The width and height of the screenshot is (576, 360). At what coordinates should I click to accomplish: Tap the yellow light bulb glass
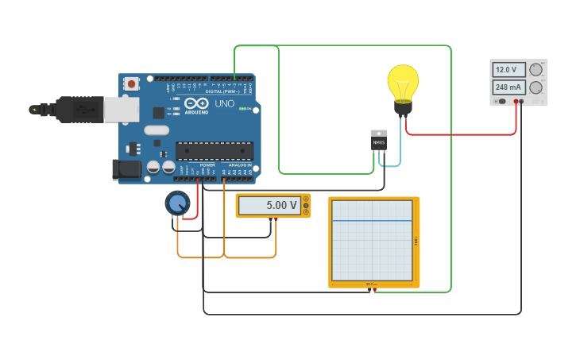pyautogui.click(x=403, y=81)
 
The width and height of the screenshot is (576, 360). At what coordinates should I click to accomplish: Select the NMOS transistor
pyautogui.click(x=379, y=140)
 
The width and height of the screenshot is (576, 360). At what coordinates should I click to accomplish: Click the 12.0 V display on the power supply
pyautogui.click(x=508, y=69)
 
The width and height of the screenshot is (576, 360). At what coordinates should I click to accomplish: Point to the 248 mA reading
pyautogui.click(x=508, y=87)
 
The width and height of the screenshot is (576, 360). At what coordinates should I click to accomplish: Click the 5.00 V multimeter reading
pyautogui.click(x=270, y=206)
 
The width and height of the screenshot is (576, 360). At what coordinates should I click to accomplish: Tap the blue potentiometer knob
pyautogui.click(x=178, y=203)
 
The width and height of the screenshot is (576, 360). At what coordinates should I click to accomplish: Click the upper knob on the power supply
pyautogui.click(x=536, y=70)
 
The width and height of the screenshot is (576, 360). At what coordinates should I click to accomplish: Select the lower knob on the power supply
pyautogui.click(x=536, y=87)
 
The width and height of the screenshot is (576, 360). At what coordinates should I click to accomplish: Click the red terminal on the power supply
pyautogui.click(x=516, y=102)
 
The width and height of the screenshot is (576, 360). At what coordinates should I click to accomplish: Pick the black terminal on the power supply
pyautogui.click(x=522, y=102)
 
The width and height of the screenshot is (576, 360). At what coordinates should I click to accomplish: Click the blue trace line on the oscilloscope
pyautogui.click(x=372, y=220)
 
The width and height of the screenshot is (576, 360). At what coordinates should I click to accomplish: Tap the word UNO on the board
pyautogui.click(x=225, y=103)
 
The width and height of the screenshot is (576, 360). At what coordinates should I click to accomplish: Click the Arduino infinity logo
pyautogui.click(x=195, y=103)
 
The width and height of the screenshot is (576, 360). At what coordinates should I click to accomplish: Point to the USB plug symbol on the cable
pyautogui.click(x=33, y=110)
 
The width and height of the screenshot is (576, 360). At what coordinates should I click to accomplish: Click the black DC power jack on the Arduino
pyautogui.click(x=126, y=168)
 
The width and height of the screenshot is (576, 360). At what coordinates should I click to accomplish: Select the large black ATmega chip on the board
pyautogui.click(x=215, y=150)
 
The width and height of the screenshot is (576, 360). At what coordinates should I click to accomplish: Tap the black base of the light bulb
pyautogui.click(x=404, y=108)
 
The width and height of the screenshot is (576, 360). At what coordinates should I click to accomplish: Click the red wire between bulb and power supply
pyautogui.click(x=461, y=134)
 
